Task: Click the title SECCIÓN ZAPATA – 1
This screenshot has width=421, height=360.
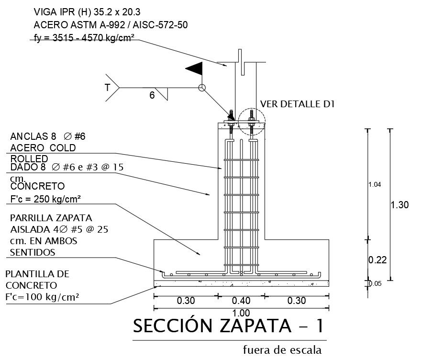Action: [229, 326]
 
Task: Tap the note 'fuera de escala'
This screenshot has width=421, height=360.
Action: [282, 350]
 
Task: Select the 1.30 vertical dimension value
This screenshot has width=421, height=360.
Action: [399, 205]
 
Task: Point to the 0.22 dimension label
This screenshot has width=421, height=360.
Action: [377, 260]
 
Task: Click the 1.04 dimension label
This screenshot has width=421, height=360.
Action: [375, 185]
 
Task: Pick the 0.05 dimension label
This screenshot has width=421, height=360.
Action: [375, 284]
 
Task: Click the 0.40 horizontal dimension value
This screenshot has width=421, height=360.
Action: [241, 301]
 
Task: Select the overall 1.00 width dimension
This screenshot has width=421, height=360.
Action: [241, 313]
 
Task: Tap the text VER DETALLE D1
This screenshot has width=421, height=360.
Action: [298, 104]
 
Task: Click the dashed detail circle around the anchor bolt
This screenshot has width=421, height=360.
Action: [252, 122]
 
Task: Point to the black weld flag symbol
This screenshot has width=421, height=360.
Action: [194, 69]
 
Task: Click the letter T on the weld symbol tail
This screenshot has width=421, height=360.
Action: [107, 88]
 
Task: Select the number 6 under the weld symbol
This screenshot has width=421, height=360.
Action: [152, 95]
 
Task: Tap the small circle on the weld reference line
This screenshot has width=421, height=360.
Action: [202, 88]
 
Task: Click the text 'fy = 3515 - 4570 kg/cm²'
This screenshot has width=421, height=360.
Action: [84, 38]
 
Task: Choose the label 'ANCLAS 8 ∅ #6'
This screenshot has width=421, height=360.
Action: [48, 136]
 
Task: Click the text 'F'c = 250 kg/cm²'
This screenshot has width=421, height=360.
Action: [45, 199]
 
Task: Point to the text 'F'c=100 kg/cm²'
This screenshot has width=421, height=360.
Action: [42, 297]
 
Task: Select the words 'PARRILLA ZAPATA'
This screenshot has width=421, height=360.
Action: [51, 218]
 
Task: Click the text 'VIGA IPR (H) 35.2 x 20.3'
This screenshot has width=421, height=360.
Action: [87, 12]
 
